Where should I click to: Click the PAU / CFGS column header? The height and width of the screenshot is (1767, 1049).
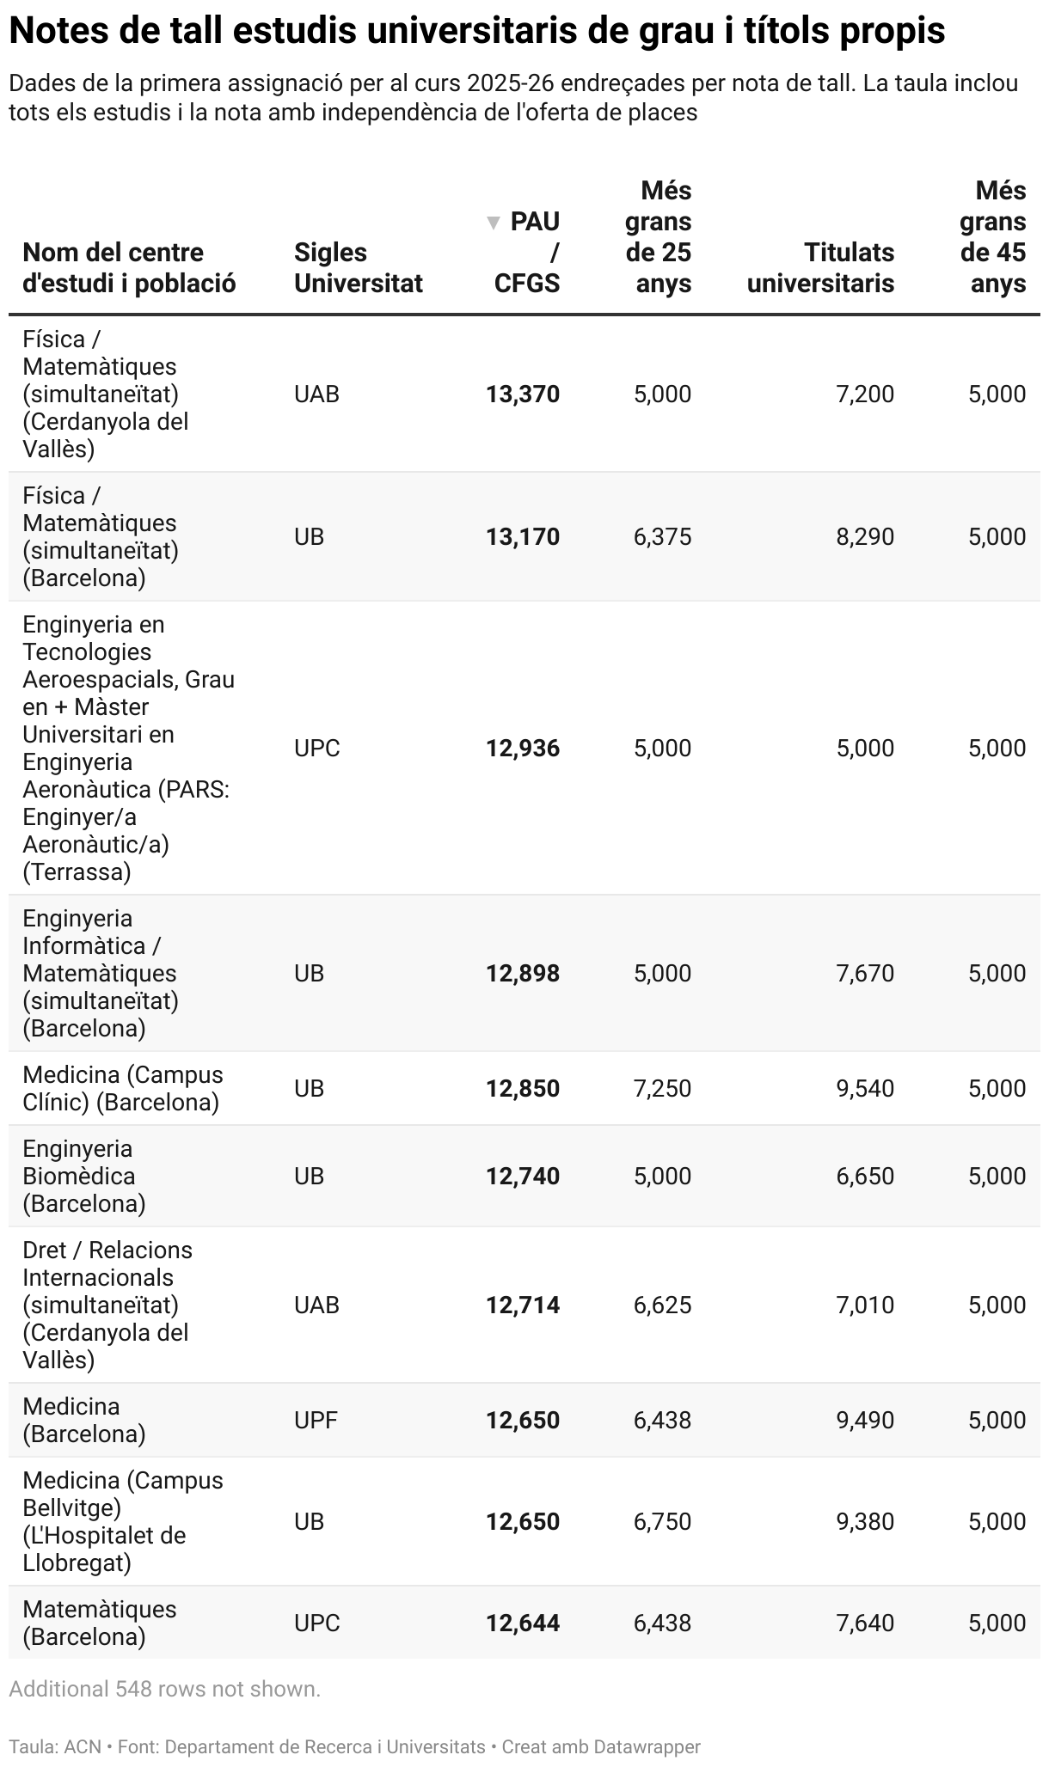coord(526,253)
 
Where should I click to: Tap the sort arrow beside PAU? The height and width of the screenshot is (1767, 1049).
coord(494,223)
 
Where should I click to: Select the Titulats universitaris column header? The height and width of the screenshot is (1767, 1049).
coord(820,268)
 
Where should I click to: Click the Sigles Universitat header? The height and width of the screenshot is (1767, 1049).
coord(358,268)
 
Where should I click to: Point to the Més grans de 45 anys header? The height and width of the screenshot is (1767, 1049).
coord(993,237)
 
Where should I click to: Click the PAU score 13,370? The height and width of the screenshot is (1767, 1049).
coord(523,394)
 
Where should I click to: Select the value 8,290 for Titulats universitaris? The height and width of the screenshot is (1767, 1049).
coord(865,537)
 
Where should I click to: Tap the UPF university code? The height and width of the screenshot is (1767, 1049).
coord(316,1421)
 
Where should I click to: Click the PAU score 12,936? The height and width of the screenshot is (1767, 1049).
coord(523,749)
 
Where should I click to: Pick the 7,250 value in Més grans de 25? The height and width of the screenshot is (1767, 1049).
coord(662,1089)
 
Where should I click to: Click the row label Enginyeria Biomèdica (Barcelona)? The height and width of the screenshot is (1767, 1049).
coord(84,1177)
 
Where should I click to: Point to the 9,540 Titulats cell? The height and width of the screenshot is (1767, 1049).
coord(865,1089)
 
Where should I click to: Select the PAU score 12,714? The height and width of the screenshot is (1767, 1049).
coord(523,1305)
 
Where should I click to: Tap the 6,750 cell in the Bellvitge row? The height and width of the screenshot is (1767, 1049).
coord(662,1522)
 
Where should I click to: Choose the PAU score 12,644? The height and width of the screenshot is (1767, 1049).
coord(523,1623)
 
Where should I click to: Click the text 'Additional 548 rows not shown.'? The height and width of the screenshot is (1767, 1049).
coord(164,1690)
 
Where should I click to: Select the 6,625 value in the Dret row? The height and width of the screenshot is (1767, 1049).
coord(662,1305)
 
